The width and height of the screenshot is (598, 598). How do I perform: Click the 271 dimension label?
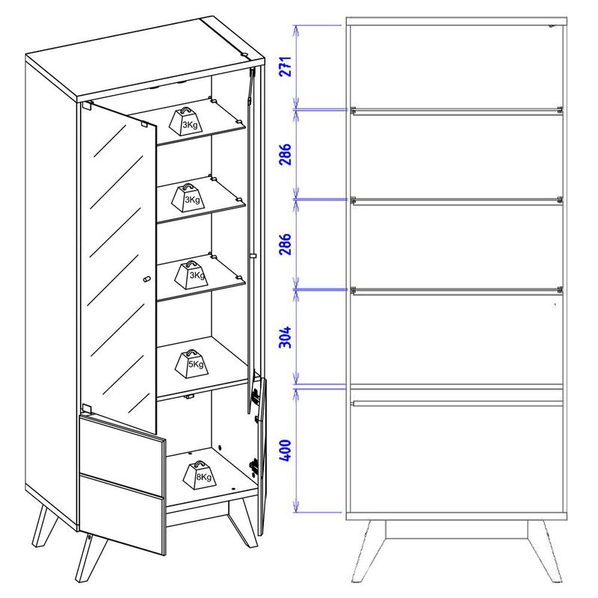[x=286, y=67]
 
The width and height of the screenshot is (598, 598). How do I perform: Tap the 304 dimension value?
[x=286, y=337]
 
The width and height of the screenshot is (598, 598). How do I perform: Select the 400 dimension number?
[x=286, y=451]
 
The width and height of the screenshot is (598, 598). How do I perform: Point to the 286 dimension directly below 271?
[x=286, y=155]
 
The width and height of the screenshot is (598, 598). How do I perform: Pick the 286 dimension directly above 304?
[x=286, y=244]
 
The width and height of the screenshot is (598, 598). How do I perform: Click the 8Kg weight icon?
[x=200, y=475]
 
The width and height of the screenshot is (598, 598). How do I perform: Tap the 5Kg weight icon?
[x=192, y=364]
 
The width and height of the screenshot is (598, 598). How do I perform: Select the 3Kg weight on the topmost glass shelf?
[x=186, y=121]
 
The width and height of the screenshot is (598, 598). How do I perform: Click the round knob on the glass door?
[x=147, y=279]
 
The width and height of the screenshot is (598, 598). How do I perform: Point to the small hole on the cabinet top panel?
[x=244, y=55]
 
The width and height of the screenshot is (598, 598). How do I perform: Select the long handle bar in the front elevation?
[x=457, y=403]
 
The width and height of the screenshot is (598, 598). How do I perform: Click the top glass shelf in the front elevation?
[x=457, y=111]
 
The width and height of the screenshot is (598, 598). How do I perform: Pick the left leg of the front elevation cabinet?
[x=368, y=552]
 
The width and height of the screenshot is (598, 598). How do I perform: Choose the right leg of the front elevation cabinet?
[x=546, y=552]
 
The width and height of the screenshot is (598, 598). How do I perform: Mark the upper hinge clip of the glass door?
[x=87, y=105]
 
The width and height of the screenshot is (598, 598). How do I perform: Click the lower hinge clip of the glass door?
[x=87, y=409]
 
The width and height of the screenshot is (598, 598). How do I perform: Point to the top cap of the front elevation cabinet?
[x=457, y=22]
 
